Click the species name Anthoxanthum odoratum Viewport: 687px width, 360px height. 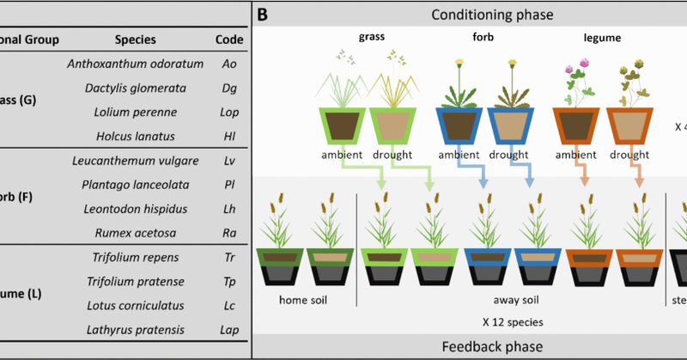tap(135, 64)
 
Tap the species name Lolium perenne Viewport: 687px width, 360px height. tap(135, 112)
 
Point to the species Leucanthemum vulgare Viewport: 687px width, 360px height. tap(135, 161)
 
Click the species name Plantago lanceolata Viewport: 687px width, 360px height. tap(135, 185)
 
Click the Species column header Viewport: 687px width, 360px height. tap(135, 39)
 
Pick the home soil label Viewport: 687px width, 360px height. tap(305, 301)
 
